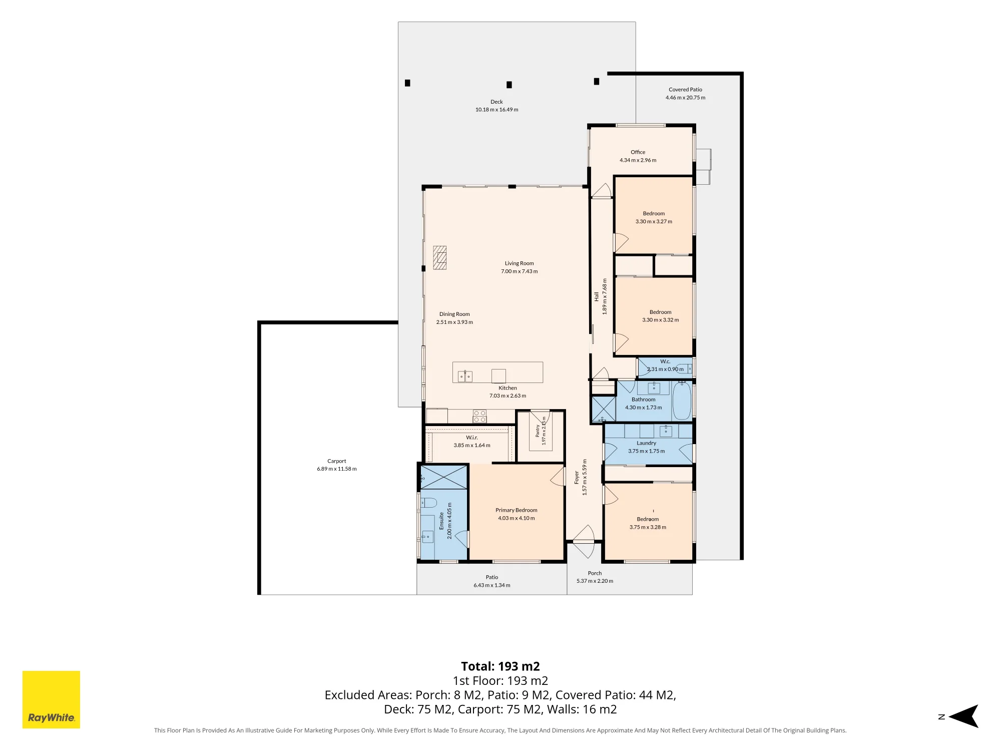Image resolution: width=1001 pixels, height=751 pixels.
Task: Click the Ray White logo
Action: (51, 699)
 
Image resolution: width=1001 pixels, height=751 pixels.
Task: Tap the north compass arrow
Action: (963, 716)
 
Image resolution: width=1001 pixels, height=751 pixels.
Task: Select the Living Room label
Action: (519, 263)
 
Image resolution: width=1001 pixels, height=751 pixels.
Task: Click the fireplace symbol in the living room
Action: (439, 257)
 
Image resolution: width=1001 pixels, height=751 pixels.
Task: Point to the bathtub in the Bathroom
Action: (682, 401)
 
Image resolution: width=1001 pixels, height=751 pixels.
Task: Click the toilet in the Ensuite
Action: (428, 502)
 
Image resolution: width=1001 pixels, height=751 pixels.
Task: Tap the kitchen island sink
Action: (465, 376)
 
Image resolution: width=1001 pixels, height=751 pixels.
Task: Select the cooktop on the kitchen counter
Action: (479, 416)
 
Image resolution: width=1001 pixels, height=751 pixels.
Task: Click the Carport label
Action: (337, 461)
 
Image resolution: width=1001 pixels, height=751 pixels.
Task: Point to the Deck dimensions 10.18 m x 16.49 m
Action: (496, 110)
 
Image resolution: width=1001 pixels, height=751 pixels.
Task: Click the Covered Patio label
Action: (685, 90)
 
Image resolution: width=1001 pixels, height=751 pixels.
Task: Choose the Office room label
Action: (638, 152)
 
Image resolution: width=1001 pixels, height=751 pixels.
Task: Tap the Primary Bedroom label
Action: (517, 510)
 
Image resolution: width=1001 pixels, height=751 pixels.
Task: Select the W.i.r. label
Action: (472, 438)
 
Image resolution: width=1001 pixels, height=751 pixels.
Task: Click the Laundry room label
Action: (646, 443)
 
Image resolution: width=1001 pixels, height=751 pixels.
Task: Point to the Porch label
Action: (595, 573)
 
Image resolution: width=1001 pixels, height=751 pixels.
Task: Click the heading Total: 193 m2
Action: (500, 666)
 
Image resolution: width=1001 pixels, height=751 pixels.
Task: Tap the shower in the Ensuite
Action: (443, 477)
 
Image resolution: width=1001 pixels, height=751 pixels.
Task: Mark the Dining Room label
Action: (454, 314)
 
